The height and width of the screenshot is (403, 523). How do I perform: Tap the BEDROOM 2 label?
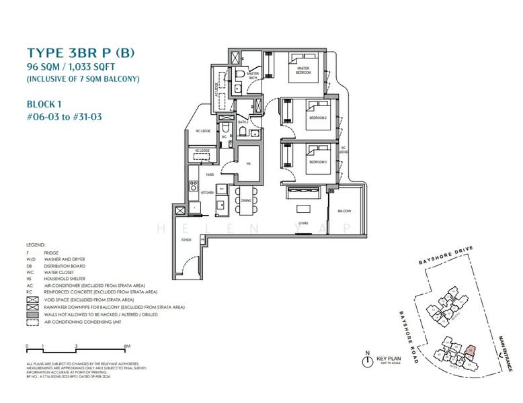(x=317, y=117)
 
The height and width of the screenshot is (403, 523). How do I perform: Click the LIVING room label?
(x=303, y=222)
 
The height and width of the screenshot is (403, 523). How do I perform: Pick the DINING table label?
(x=246, y=200)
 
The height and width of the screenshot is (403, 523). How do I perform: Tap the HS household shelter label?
(x=248, y=163)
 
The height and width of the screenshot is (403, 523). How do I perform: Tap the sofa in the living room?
(x=307, y=193)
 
